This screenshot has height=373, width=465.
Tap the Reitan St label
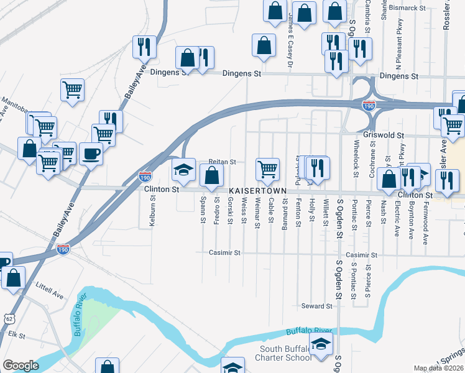point(223,162)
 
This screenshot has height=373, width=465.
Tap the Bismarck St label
point(408,9)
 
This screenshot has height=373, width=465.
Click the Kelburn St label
point(152,210)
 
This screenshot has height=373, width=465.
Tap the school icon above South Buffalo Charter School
point(321,344)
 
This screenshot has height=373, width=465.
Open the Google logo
point(21,366)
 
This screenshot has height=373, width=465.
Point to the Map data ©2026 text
point(439,368)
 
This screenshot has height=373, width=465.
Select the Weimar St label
point(257,213)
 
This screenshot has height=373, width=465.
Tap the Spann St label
point(203,210)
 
